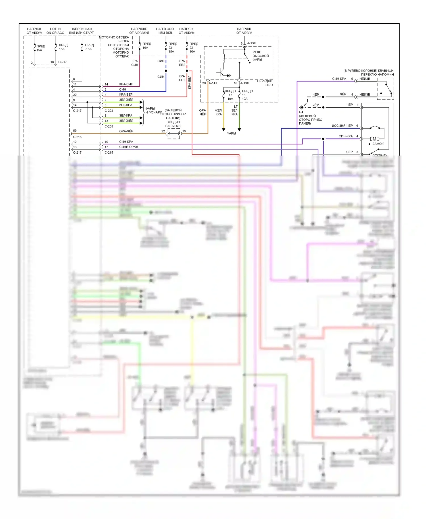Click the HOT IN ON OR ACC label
click(55, 31)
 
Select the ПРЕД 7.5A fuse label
click(89, 47)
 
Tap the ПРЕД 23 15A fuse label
click(172, 48)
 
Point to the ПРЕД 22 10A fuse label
click(193, 48)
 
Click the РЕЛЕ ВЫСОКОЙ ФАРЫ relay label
click(260, 56)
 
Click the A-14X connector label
click(213, 83)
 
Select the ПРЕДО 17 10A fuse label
click(230, 95)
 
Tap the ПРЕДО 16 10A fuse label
click(247, 95)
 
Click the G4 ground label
click(301, 112)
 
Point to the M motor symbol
click(374, 139)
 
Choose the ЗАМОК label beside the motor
click(378, 144)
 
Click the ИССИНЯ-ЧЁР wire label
click(342, 126)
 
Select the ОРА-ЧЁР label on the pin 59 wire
click(126, 131)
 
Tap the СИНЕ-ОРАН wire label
click(129, 147)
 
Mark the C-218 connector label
click(77, 137)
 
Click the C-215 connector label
click(109, 152)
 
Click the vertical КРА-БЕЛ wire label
click(190, 82)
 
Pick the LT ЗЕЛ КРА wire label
click(235, 110)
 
